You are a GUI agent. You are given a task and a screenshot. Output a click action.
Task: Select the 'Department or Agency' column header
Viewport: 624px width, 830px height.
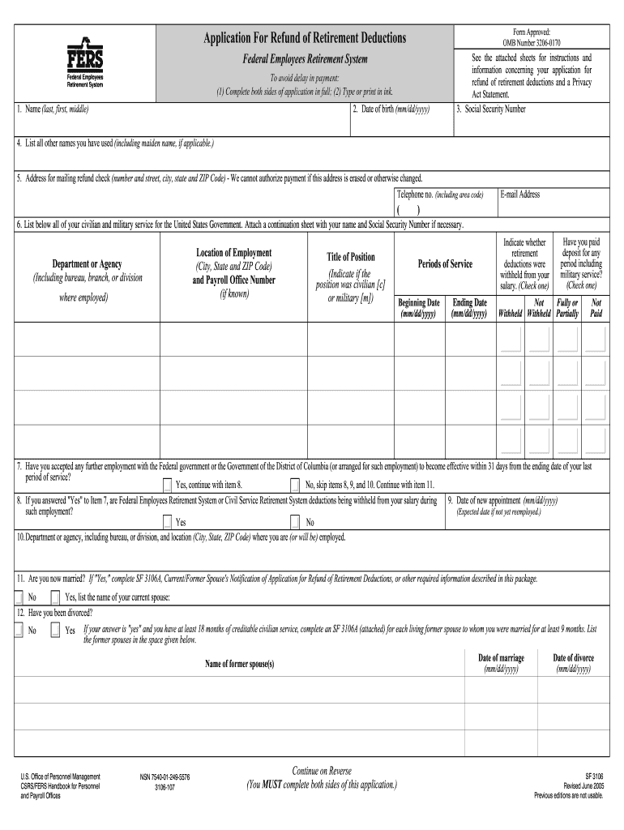pos(88,264)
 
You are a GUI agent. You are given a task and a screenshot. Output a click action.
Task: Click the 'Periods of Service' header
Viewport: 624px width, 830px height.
pos(445,264)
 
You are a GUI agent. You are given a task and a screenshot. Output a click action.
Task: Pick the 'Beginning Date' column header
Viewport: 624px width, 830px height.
pos(419,307)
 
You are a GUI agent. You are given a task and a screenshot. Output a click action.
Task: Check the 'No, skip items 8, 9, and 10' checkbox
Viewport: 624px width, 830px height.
pos(295,486)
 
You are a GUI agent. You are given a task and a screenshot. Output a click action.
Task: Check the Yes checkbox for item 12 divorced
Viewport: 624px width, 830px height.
pos(55,630)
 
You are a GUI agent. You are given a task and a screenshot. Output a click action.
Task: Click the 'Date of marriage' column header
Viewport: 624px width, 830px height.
pos(502,657)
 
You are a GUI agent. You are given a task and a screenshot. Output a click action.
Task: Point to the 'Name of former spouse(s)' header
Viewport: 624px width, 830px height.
pos(239,665)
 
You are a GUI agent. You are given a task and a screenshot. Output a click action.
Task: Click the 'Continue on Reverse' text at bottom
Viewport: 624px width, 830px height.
pos(322,770)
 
